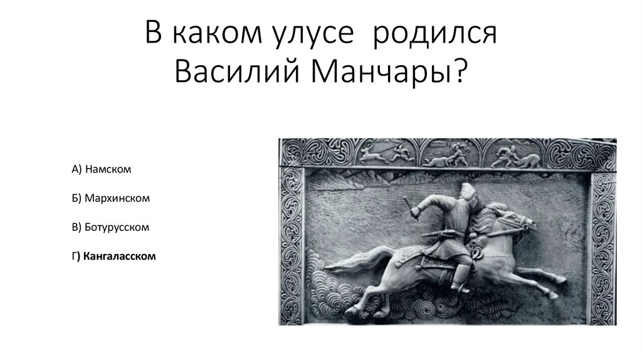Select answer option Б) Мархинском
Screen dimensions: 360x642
click(110, 198)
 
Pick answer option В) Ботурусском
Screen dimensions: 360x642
click(110, 227)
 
